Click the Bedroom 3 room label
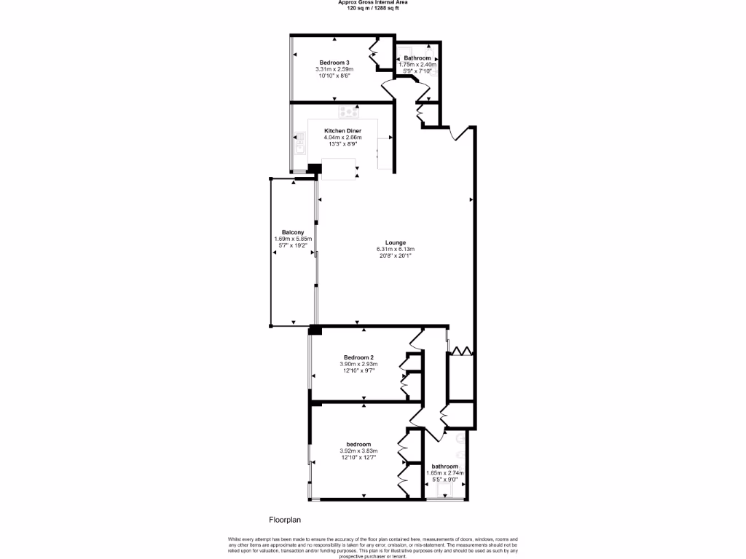[334, 62]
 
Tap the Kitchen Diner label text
[343, 131]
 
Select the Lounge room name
[396, 242]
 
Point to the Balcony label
[293, 232]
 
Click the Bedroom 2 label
[358, 357]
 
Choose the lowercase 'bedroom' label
[358, 445]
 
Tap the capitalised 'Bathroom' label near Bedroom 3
[417, 58]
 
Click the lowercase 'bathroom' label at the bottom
[444, 467]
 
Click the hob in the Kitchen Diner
[350, 111]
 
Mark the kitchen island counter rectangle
[339, 170]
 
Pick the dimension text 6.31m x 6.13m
[396, 249]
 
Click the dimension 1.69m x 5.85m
[293, 239]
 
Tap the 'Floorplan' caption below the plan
[285, 520]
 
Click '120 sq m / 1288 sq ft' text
[372, 7]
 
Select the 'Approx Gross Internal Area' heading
[372, 2]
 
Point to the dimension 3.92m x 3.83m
[358, 451]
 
